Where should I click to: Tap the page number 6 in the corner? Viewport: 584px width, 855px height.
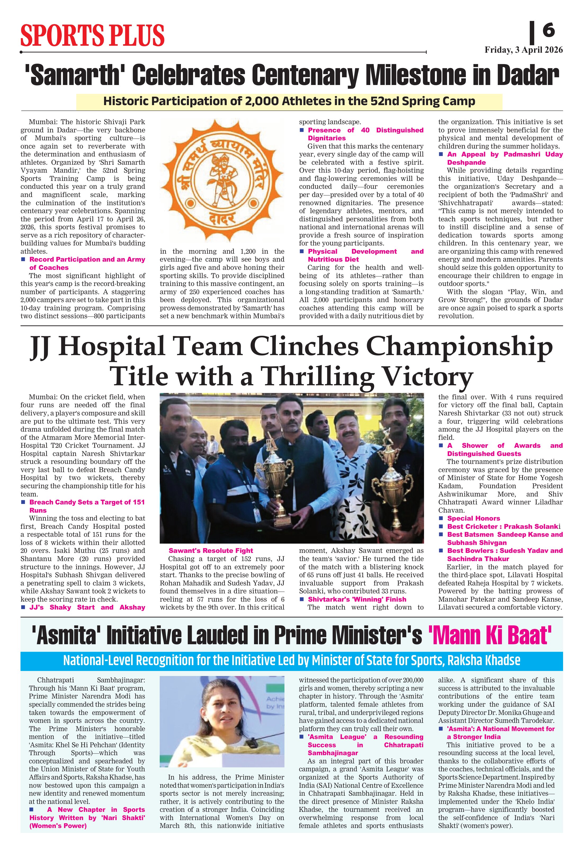548,30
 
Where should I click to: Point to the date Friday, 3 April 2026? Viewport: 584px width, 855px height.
523,50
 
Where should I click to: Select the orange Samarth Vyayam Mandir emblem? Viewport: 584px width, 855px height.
222,180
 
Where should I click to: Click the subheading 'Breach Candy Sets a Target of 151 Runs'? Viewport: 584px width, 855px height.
87,506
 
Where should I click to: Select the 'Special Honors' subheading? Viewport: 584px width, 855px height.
473,518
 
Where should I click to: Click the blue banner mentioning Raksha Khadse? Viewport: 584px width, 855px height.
291,660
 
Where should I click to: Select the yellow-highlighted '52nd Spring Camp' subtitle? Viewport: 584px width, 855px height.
289,101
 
